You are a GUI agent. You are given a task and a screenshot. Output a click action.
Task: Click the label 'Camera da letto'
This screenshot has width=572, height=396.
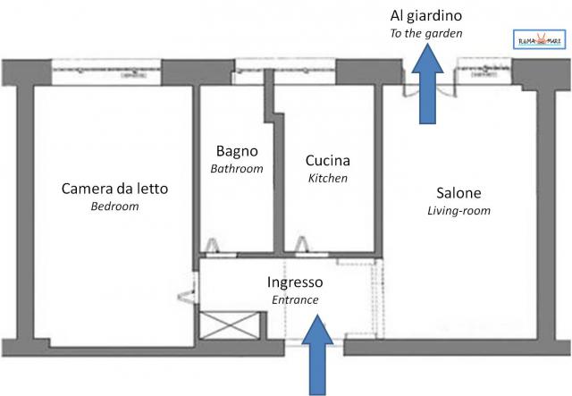tap(114, 189)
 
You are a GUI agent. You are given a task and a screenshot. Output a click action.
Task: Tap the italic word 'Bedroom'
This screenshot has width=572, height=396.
tap(114, 206)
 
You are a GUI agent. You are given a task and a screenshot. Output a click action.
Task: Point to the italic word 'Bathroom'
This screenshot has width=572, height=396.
tap(237, 168)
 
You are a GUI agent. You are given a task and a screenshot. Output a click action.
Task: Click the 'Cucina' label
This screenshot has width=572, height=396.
tap(328, 161)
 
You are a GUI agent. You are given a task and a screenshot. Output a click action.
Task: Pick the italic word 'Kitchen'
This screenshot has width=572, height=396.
tap(328, 179)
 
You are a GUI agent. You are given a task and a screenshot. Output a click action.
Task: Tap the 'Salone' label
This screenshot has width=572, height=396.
tap(459, 193)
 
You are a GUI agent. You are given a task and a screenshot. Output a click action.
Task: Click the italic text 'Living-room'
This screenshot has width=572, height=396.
tap(459, 211)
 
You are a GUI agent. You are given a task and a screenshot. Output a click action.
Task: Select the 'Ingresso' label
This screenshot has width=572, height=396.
tap(295, 282)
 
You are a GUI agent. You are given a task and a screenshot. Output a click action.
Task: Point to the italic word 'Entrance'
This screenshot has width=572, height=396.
tap(295, 300)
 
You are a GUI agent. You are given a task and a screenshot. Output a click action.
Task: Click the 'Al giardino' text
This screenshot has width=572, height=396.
tap(426, 16)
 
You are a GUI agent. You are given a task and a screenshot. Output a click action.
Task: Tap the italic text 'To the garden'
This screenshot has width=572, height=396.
tap(426, 34)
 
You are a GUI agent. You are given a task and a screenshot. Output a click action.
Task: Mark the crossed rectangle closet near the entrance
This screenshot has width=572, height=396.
tap(229, 324)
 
